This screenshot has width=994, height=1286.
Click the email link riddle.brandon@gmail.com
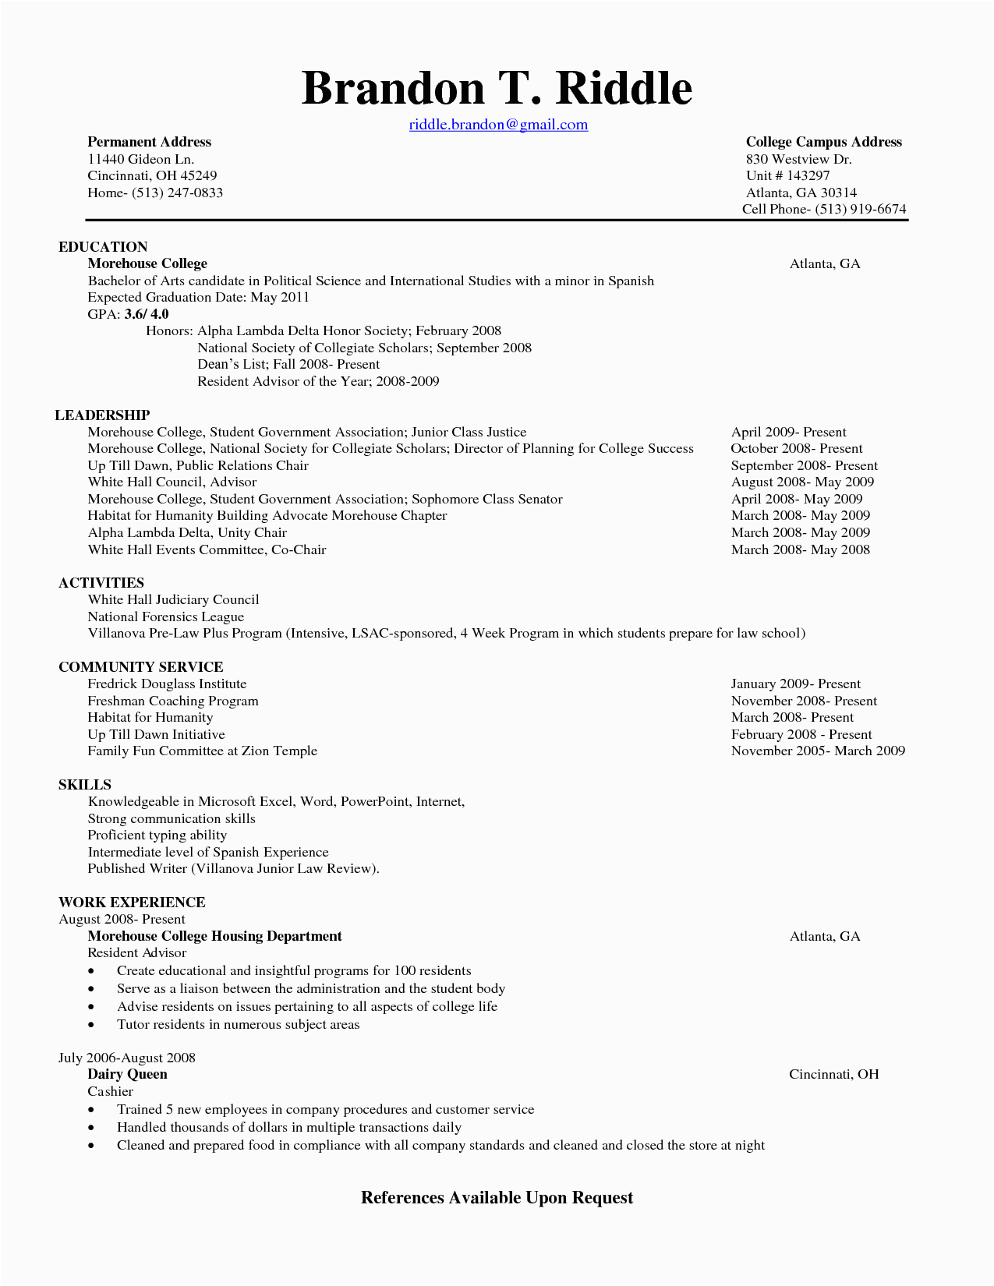pyautogui.click(x=498, y=125)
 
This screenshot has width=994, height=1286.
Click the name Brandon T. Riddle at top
pyautogui.click(x=497, y=88)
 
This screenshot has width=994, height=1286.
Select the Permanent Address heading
pyautogui.click(x=149, y=142)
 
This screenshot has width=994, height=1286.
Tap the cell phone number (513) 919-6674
pyautogui.click(x=861, y=209)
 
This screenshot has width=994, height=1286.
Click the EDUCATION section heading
pyautogui.click(x=103, y=247)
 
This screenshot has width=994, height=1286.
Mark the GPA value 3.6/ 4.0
pyautogui.click(x=147, y=314)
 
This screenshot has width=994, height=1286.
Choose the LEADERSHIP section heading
pyautogui.click(x=102, y=415)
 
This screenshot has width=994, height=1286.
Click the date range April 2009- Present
pyautogui.click(x=788, y=432)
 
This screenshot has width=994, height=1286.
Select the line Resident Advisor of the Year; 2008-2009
pyautogui.click(x=318, y=381)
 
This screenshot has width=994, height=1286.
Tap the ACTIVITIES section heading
pyautogui.click(x=101, y=583)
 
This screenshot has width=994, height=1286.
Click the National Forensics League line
pyautogui.click(x=166, y=617)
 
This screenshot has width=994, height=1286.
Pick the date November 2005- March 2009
pyautogui.click(x=818, y=751)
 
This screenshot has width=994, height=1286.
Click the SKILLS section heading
pyautogui.click(x=85, y=785)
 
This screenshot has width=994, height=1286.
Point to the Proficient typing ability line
pyautogui.click(x=157, y=835)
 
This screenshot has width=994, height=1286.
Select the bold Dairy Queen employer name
pyautogui.click(x=127, y=1074)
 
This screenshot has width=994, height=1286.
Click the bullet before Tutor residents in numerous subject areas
pyautogui.click(x=92, y=1025)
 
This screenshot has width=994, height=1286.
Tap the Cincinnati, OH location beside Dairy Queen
pyautogui.click(x=833, y=1074)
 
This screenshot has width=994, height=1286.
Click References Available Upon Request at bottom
pyautogui.click(x=497, y=1198)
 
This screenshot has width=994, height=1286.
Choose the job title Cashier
pyautogui.click(x=110, y=1091)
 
